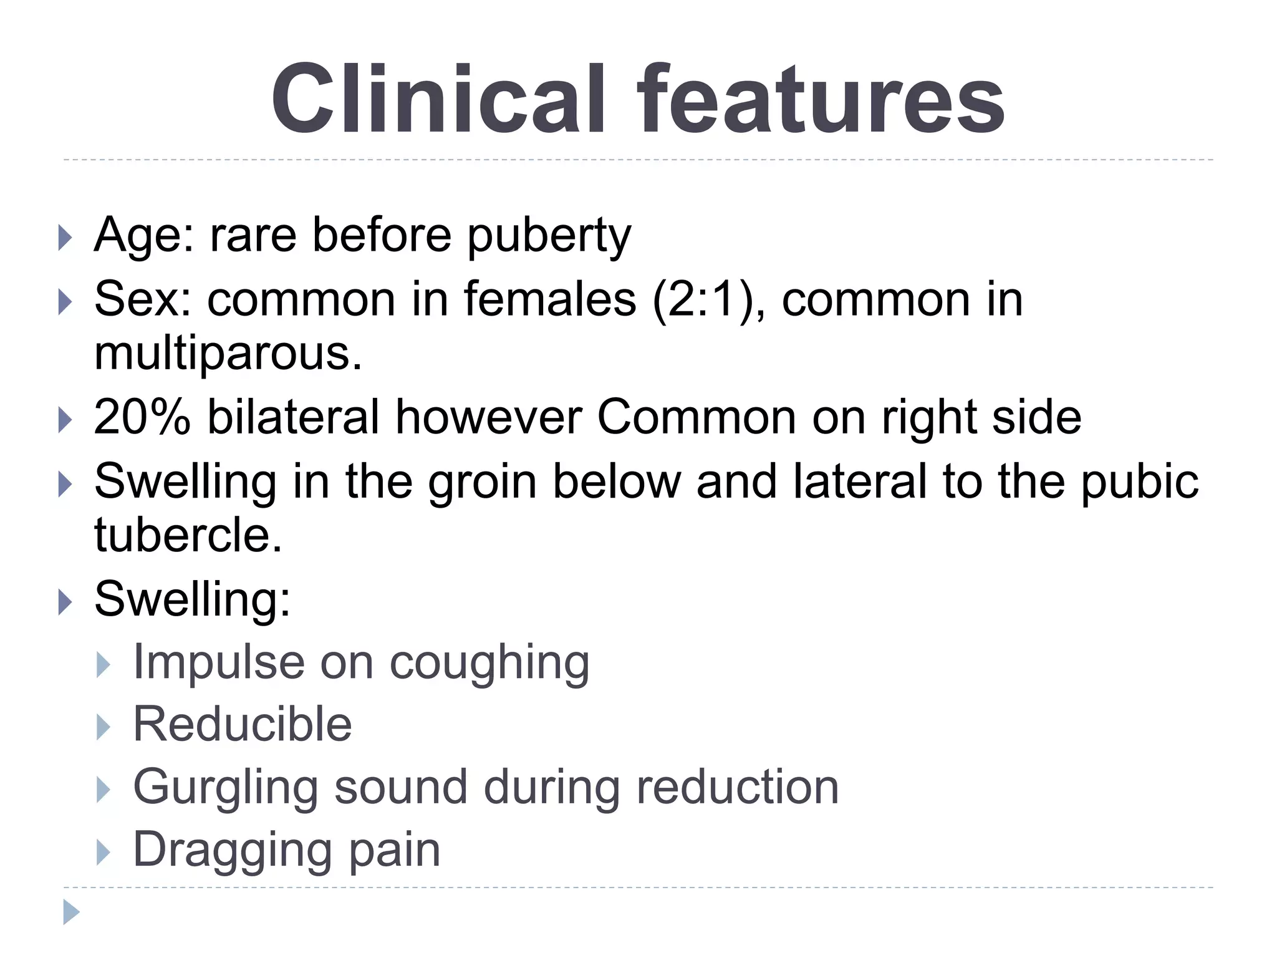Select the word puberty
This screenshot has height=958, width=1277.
(549, 236)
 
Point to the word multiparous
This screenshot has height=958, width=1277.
(228, 353)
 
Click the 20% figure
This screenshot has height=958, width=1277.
(142, 417)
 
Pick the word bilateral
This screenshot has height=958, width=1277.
(293, 417)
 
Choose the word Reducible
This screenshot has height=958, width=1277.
(243, 724)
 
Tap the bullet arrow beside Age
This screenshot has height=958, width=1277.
(65, 238)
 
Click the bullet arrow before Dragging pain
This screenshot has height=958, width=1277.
(104, 852)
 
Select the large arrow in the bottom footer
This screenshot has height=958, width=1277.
(71, 912)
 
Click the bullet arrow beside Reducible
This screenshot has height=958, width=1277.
(104, 726)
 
